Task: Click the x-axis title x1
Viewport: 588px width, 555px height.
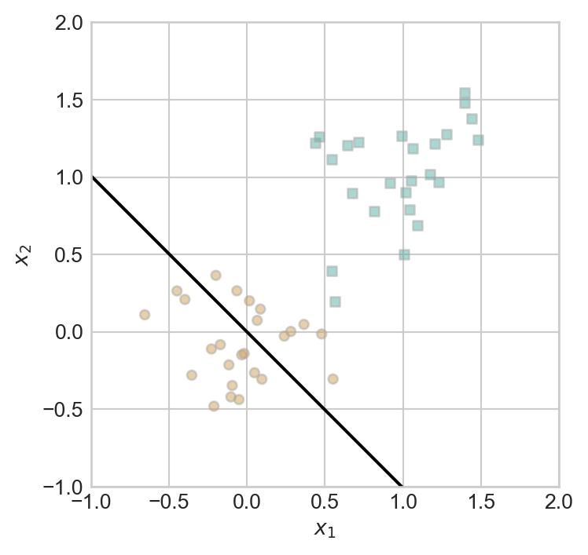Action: point(325,530)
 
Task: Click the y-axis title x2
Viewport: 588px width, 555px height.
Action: point(24,254)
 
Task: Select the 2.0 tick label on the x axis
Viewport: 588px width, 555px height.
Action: point(558,502)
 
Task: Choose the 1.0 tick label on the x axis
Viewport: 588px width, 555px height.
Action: point(402,502)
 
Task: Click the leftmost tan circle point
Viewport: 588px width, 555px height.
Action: point(145,315)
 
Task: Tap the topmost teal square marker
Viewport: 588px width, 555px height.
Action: point(465,93)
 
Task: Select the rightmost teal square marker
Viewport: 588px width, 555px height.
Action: point(478,140)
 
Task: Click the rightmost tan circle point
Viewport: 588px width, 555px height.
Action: point(333,378)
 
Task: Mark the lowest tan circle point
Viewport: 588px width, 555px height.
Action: point(214,406)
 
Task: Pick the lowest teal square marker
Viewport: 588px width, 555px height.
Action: point(335,301)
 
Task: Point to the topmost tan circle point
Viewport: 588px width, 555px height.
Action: point(215,276)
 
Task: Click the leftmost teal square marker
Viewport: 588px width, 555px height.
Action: point(315,143)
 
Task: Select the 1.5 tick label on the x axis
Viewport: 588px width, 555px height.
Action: point(480,502)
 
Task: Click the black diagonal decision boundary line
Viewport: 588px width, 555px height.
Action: point(247,332)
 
